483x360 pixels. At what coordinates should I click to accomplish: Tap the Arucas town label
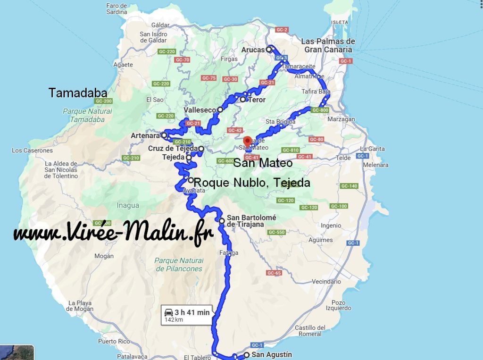[253, 50]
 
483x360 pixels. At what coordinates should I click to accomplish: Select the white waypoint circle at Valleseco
[220, 109]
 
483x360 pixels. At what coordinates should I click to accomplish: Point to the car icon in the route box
[168, 312]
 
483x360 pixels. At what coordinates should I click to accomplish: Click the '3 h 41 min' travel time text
[192, 312]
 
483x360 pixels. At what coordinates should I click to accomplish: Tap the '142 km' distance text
[174, 320]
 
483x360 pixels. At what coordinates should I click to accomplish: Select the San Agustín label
[272, 354]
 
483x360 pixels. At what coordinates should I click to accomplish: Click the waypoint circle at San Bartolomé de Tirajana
[222, 221]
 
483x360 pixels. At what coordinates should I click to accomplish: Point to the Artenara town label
[145, 136]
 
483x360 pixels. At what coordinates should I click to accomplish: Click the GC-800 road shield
[319, 109]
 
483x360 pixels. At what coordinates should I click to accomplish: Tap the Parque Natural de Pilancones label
[178, 265]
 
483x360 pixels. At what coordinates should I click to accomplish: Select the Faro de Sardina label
[117, 9]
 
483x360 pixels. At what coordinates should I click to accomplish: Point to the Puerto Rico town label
[114, 341]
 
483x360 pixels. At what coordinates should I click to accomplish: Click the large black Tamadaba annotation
[78, 93]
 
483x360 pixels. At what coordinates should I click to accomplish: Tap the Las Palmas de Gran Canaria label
[328, 45]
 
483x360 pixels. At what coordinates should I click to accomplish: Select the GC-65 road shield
[274, 273]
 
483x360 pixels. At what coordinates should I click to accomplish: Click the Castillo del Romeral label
[310, 331]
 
